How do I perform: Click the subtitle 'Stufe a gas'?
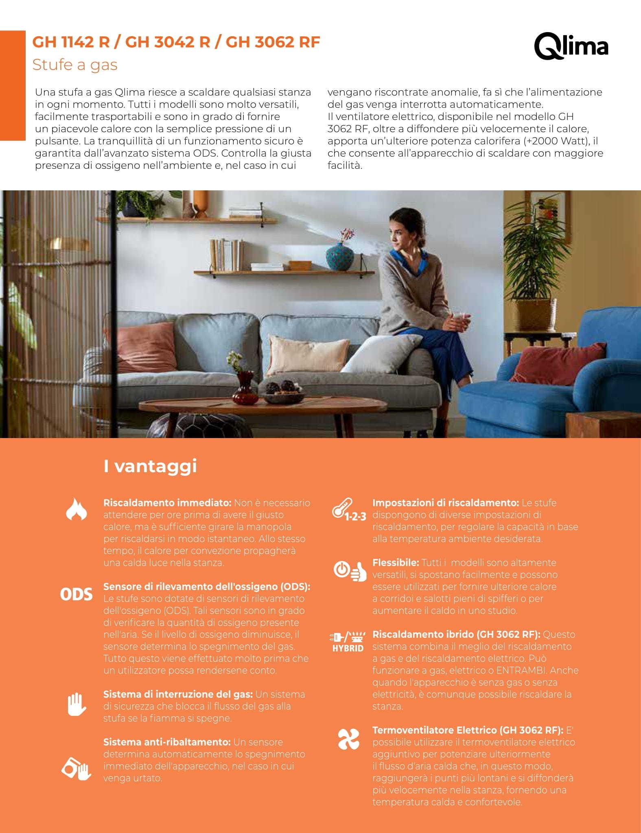tap(75, 65)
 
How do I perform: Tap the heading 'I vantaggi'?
tap(150, 466)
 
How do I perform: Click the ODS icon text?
tap(76, 594)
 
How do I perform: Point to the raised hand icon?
tap(77, 704)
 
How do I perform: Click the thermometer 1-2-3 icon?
tap(349, 510)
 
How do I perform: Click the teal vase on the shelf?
tap(340, 257)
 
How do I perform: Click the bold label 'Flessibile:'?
tap(396, 563)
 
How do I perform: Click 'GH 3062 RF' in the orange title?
tap(273, 42)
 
